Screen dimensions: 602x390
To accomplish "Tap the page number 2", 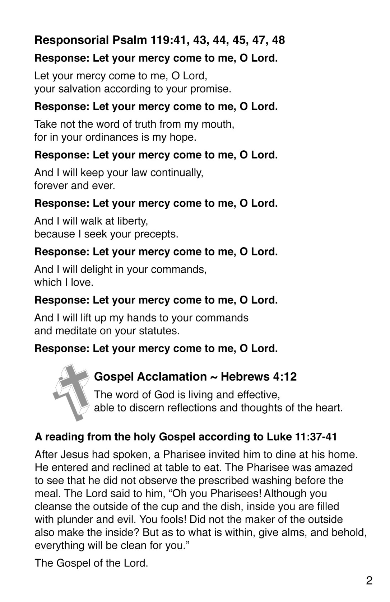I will click(x=369, y=580).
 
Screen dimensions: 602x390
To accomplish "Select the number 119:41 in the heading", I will click(x=169, y=40).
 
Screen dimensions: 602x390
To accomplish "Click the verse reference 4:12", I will click(x=285, y=377).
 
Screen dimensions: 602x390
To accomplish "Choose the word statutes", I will click(x=160, y=330).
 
